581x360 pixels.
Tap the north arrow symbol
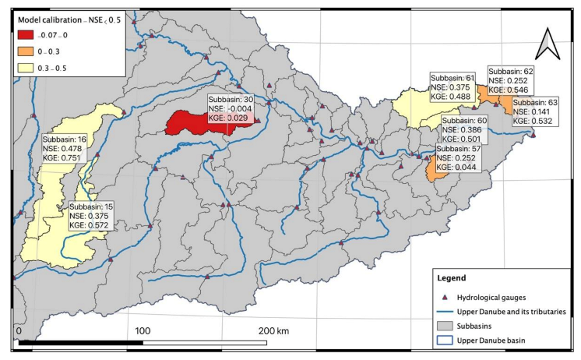click(548, 44)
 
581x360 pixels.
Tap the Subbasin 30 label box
click(231, 110)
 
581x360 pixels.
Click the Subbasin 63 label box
click(535, 111)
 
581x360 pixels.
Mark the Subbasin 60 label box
click(464, 130)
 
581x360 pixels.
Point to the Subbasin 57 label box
click(458, 158)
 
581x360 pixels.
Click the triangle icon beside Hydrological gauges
click(446, 298)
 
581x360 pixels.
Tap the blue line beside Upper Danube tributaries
click(446, 311)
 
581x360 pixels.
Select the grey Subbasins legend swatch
click(446, 326)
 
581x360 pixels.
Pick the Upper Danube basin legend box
click(446, 341)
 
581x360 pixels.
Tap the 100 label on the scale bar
click(143, 331)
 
